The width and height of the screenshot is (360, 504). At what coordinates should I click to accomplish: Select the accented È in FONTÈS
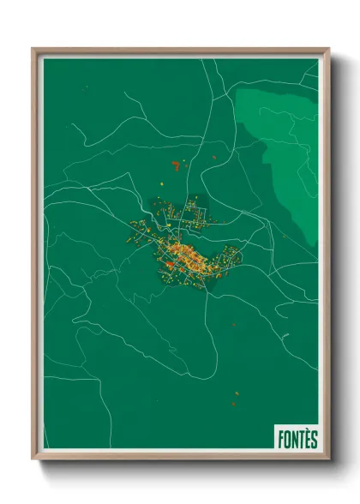305,439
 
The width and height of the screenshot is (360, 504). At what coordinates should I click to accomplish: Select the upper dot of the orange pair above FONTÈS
237,394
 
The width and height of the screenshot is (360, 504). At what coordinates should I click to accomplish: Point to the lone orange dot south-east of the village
233,325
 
